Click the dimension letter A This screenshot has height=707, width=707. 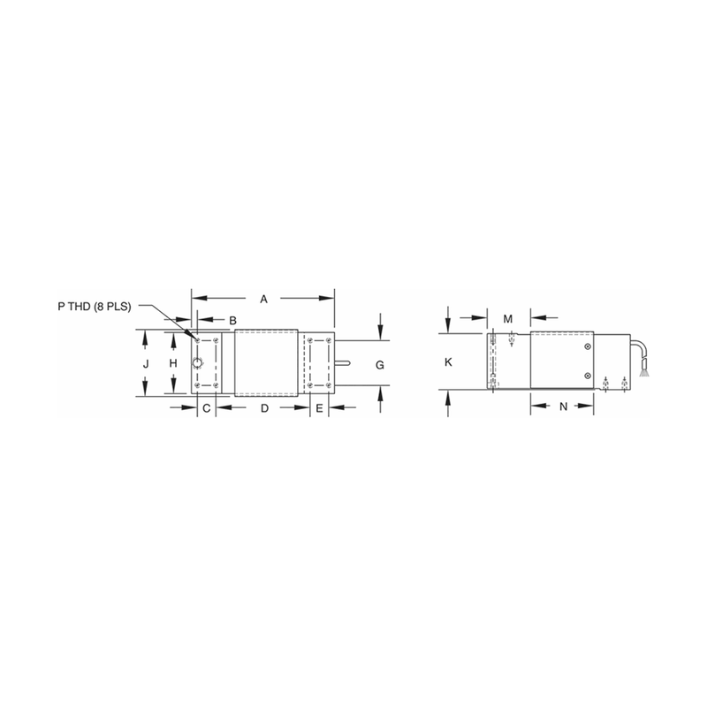pos(262,300)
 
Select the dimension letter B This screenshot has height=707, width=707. pos(233,318)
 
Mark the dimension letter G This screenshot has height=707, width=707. pos(379,364)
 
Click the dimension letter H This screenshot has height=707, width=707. pos(174,364)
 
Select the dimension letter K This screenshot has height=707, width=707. pos(449,362)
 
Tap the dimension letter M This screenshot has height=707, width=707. pos(508,318)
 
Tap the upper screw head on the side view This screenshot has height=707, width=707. pos(589,347)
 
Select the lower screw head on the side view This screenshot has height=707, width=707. pos(589,377)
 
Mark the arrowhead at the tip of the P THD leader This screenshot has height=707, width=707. pos(195,337)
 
